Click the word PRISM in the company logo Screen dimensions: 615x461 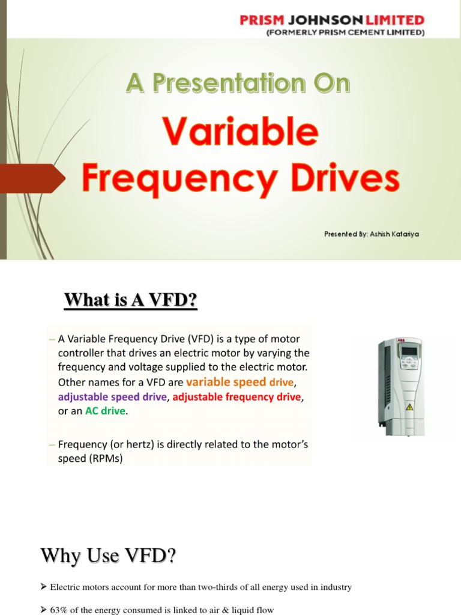(261, 20)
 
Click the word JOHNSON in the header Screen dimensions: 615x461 (323, 20)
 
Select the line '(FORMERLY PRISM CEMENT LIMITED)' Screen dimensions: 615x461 (345, 32)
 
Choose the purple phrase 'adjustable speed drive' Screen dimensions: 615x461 (112, 396)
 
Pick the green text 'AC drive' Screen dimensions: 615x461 (106, 411)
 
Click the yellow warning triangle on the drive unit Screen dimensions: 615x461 (410, 407)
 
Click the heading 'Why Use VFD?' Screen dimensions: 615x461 (108, 556)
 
